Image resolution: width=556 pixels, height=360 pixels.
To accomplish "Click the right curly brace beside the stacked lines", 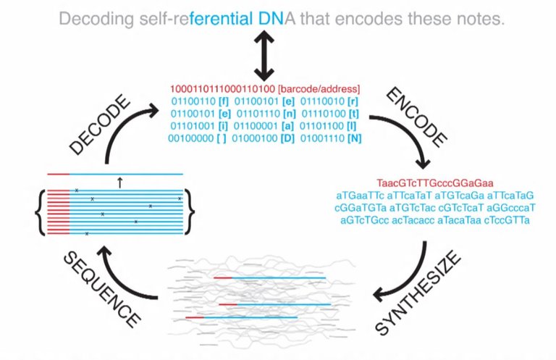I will point(190,209).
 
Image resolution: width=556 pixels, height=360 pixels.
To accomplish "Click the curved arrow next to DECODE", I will point(123,134).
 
